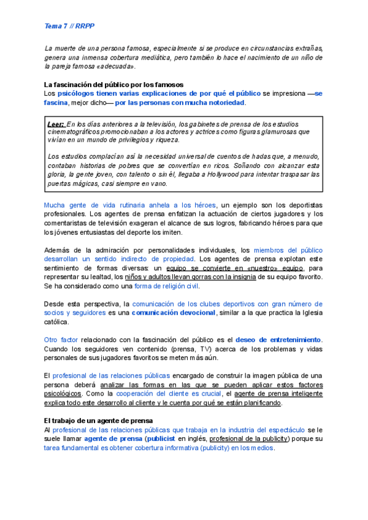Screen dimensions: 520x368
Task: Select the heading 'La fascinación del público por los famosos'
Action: click(113, 84)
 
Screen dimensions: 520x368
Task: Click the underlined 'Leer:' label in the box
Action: click(56, 123)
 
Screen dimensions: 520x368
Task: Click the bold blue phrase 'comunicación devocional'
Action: click(174, 313)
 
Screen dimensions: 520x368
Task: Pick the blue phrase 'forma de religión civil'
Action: click(167, 286)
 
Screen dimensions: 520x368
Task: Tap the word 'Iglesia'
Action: click(309, 313)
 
